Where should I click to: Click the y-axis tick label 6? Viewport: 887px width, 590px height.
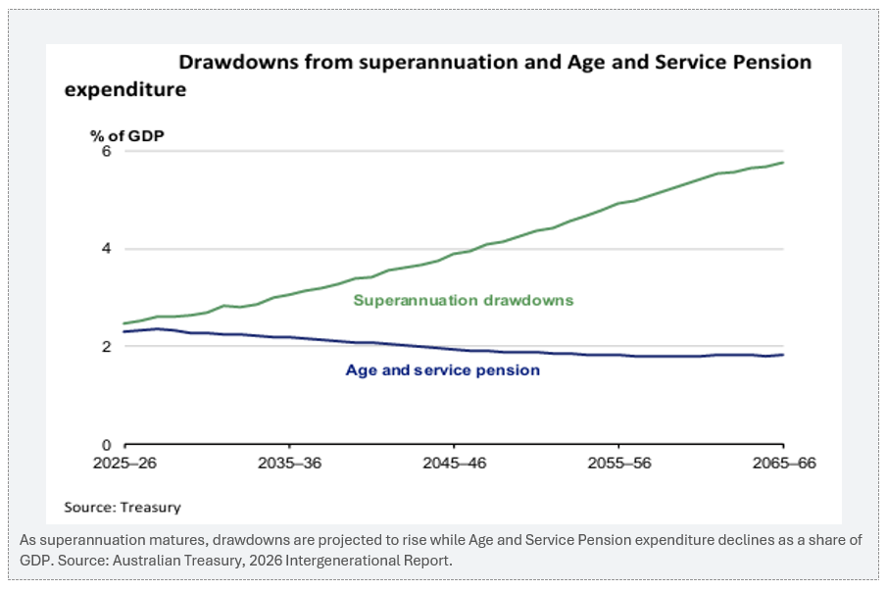(x=107, y=151)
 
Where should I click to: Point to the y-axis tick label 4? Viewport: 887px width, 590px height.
(x=107, y=248)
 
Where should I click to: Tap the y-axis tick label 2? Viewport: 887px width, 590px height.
(x=107, y=346)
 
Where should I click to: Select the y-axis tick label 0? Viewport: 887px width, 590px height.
(x=107, y=445)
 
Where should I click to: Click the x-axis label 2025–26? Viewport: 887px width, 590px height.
(x=124, y=463)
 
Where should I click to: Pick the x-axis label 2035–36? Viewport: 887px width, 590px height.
(x=290, y=463)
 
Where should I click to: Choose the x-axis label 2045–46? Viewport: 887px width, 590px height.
(x=454, y=463)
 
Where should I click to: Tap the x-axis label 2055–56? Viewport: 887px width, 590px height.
(x=619, y=463)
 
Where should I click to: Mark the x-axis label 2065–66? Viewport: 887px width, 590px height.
(x=784, y=463)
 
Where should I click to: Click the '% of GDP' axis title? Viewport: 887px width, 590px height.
(x=126, y=136)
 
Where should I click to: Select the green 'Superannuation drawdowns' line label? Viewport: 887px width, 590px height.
(x=464, y=300)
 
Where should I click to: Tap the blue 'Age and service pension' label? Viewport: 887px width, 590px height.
(x=442, y=369)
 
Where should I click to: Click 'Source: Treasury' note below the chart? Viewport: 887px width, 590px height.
(x=123, y=507)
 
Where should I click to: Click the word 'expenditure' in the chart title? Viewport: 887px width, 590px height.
(x=125, y=89)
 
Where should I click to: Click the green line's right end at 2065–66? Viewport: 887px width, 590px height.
(x=783, y=163)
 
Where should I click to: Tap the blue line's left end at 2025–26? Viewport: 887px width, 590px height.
(x=124, y=331)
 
